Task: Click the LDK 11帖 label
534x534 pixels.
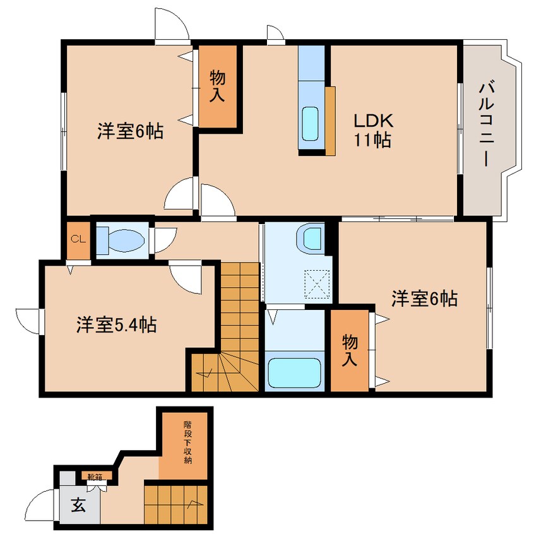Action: (x=373, y=130)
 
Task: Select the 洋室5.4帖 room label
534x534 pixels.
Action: (x=117, y=324)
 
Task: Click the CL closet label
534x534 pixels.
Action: (x=78, y=239)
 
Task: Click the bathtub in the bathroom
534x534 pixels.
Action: (x=295, y=372)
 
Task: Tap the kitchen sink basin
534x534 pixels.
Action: (x=310, y=123)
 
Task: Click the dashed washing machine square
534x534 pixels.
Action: (x=317, y=284)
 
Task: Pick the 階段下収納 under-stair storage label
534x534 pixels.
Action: (x=187, y=442)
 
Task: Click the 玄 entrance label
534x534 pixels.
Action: (x=78, y=505)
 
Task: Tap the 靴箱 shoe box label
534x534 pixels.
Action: (x=95, y=477)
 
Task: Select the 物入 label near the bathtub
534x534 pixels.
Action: (x=350, y=350)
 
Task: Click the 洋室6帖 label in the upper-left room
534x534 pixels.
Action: (x=130, y=131)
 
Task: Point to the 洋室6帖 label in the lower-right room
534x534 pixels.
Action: (x=424, y=299)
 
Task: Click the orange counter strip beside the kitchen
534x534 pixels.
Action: (x=330, y=121)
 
